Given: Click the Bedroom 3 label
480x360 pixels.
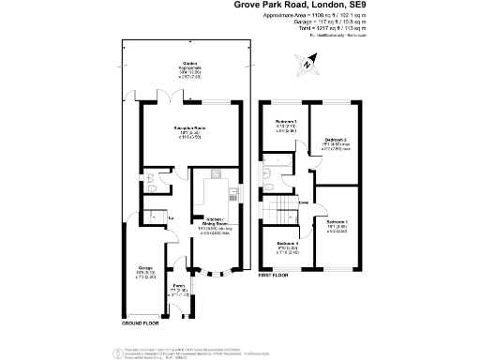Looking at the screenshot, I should point(285,123).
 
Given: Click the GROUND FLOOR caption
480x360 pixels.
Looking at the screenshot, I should point(142,322).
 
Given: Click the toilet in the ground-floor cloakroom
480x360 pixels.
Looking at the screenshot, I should point(153,187).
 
